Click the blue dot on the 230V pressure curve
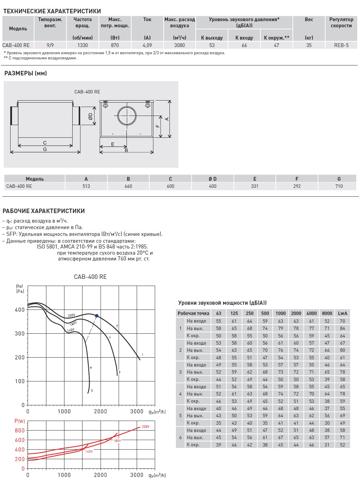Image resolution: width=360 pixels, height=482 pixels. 97,316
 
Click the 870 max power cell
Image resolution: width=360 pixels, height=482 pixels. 115,45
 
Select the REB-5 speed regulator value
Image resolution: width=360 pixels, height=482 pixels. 341,45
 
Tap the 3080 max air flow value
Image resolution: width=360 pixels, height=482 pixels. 179,45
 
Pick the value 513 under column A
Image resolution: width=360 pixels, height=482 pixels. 86,186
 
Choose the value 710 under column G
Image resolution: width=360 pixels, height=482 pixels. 339,186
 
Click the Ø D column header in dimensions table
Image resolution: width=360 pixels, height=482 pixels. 212,179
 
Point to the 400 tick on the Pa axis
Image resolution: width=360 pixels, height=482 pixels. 20,310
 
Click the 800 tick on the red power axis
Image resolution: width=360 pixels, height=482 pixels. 20,431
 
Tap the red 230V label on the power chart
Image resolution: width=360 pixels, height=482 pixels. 146,427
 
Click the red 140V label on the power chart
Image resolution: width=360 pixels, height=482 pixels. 89,452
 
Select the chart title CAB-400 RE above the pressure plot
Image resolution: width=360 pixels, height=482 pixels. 90,277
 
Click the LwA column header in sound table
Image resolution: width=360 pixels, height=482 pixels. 342,313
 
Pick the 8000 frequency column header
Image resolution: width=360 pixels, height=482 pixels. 327,313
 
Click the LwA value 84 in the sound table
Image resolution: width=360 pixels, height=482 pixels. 342,328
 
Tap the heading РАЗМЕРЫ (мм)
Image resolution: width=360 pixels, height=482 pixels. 26,73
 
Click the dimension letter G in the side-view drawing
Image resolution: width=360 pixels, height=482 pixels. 45,149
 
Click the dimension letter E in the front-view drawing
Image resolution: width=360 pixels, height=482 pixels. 112,144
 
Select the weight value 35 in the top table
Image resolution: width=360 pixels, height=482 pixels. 309,45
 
